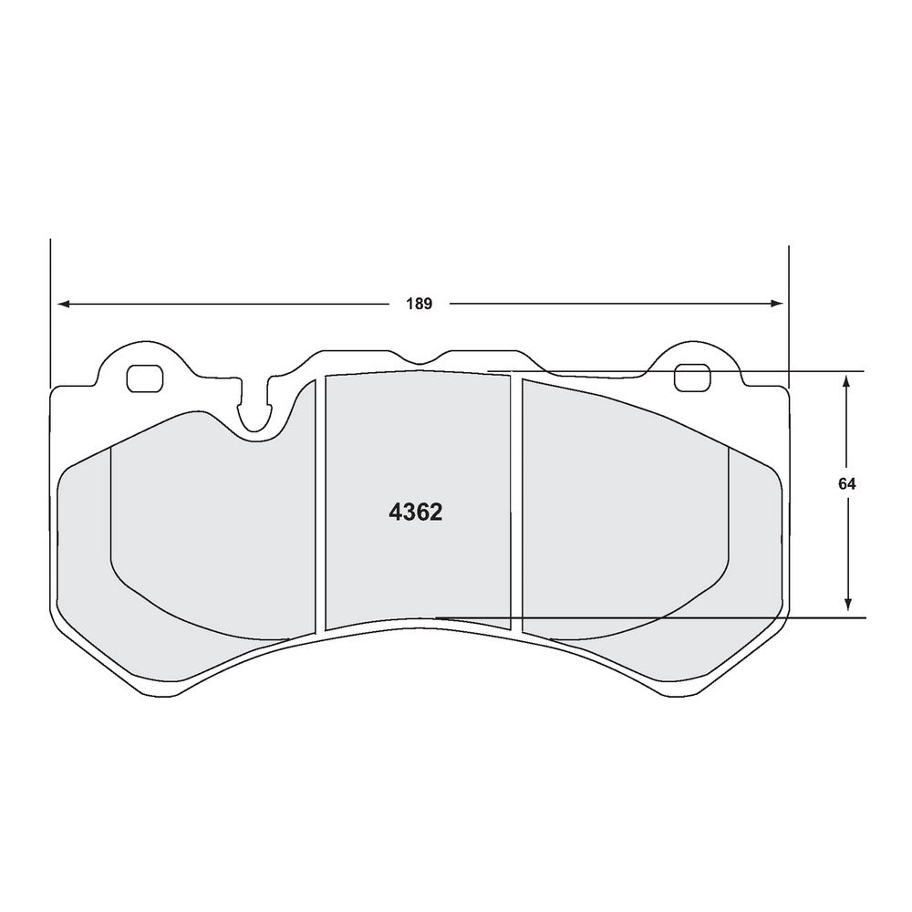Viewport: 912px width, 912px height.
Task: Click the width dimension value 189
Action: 420,304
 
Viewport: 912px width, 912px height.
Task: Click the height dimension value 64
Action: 848,485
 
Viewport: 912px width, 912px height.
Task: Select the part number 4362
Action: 416,513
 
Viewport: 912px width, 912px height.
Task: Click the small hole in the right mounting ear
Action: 692,378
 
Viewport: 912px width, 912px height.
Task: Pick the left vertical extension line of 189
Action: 50,310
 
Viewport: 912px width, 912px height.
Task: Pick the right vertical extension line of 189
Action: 788,310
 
